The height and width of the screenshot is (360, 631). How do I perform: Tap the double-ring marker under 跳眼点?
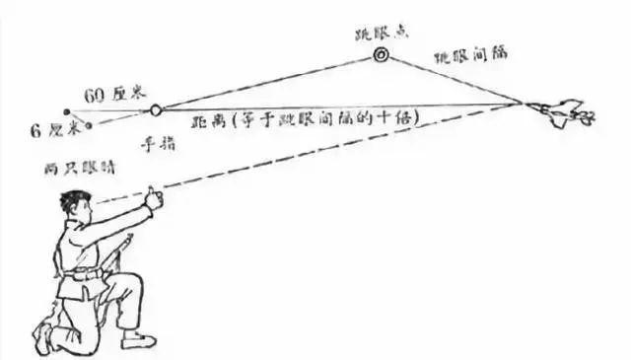[x=380, y=56]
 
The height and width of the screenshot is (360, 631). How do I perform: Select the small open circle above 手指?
[x=156, y=108]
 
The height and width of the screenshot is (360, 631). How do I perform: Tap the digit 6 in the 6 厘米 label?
[x=35, y=129]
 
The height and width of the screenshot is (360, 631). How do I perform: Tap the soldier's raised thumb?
[x=152, y=196]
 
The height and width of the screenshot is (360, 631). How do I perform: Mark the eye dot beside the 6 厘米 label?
[x=90, y=125]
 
